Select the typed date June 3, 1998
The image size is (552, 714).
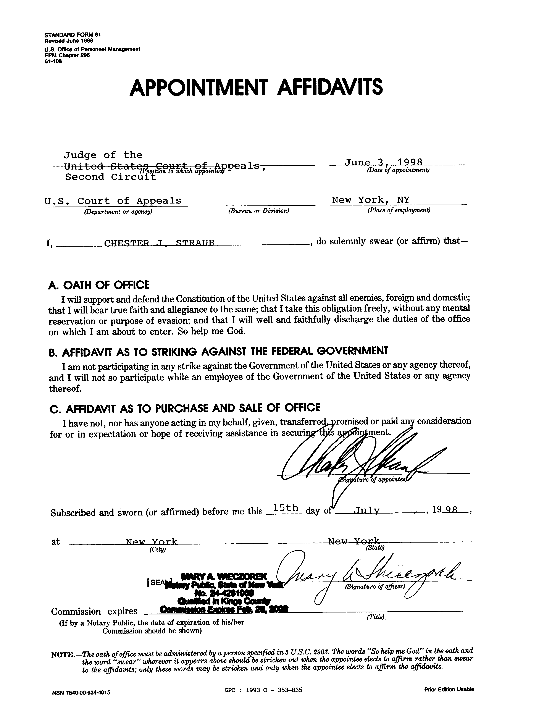pos(384,162)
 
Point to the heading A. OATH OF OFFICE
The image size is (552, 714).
pos(99,285)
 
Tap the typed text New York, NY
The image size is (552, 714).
pos(370,200)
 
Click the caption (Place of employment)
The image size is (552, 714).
pos(399,210)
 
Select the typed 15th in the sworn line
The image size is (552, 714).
pos(285,508)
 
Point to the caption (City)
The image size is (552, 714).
pos(158,549)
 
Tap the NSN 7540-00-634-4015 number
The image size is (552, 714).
pos(81,692)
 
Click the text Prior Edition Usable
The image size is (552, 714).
pos(449,690)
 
